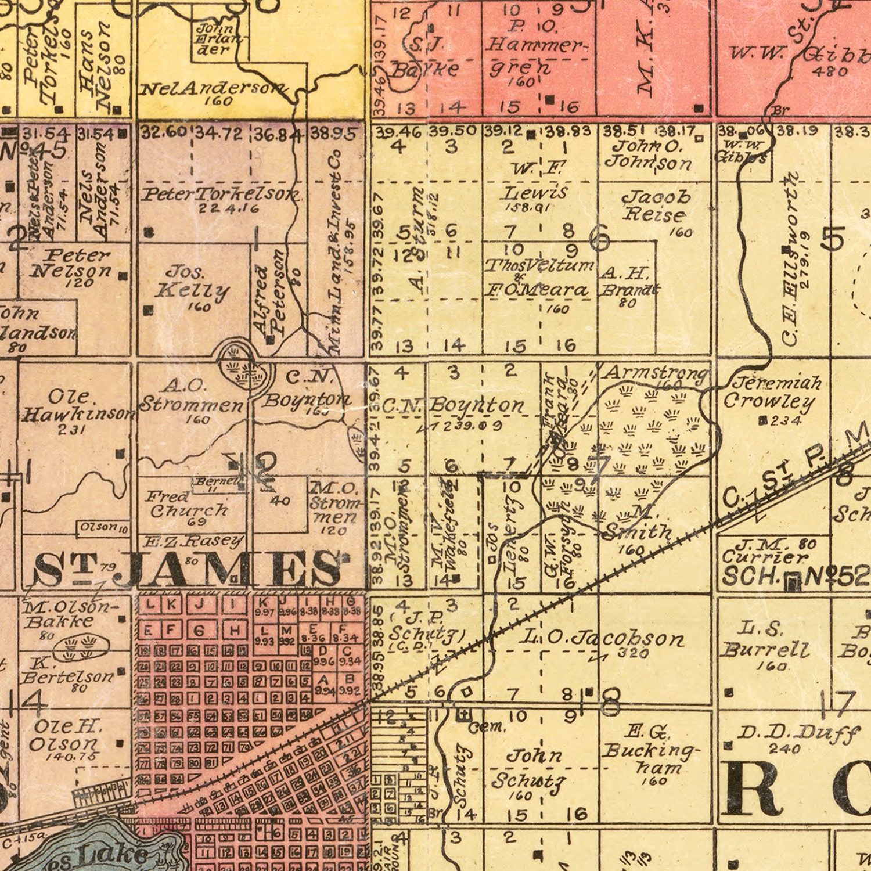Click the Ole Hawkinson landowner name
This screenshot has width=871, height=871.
pyautogui.click(x=78, y=406)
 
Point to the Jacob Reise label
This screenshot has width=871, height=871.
pyautogui.click(x=656, y=206)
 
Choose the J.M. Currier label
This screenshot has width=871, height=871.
pyautogui.click(x=764, y=551)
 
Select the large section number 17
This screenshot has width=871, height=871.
pyautogui.click(x=838, y=703)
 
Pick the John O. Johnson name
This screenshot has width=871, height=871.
pyautogui.click(x=648, y=154)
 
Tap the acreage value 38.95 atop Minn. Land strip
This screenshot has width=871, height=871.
pyautogui.click(x=333, y=134)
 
